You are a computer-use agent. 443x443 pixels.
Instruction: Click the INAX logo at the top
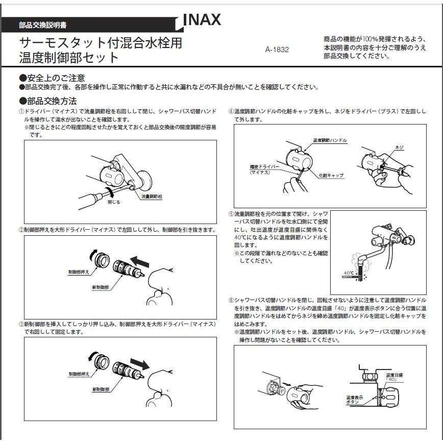[x=202, y=20]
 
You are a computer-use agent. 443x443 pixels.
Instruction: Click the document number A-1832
[x=277, y=50]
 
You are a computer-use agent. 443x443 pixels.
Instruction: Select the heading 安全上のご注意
[x=52, y=78]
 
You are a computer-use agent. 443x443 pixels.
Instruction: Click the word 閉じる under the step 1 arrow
[x=114, y=202]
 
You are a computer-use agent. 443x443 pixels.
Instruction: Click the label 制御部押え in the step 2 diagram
[x=79, y=272]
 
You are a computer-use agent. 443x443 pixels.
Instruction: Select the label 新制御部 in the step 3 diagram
[x=101, y=389]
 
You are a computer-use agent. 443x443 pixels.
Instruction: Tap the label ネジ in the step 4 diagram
[x=399, y=147]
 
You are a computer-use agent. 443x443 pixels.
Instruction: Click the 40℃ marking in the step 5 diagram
[x=349, y=273]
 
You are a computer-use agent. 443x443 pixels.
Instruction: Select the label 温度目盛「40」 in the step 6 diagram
[x=393, y=377]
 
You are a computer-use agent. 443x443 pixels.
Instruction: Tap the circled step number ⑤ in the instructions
[x=231, y=214]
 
